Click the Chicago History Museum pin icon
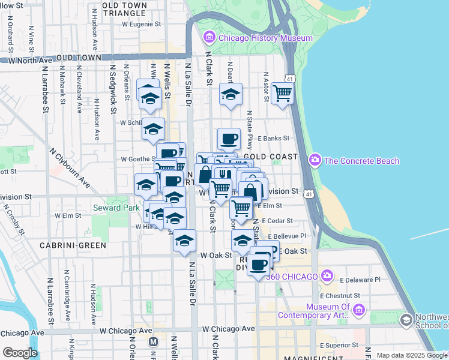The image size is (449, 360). tap(209, 38)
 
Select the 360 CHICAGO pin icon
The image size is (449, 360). tap(327, 276)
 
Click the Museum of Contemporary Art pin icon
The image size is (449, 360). tap(359, 310)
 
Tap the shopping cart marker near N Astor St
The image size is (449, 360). tap(282, 93)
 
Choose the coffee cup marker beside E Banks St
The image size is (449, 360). tap(229, 139)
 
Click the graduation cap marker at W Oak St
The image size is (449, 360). tap(185, 241)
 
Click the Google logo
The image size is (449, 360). tap(20, 352)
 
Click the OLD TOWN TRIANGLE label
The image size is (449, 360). tap(133, 8)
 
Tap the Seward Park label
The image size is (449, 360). tap(112, 208)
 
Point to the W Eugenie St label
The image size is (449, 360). tap(142, 25)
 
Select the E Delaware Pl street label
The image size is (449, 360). tap(360, 280)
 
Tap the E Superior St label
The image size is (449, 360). tap(340, 345)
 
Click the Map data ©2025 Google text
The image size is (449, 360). tap(412, 355)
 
